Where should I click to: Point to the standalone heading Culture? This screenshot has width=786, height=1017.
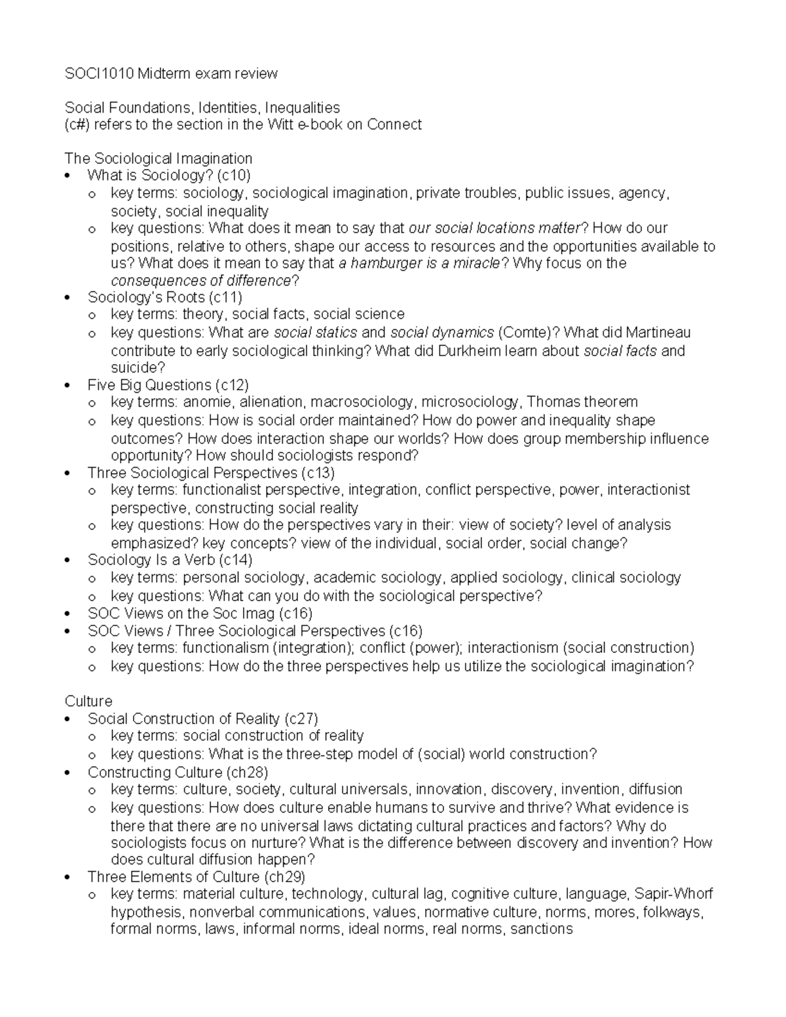tap(88, 701)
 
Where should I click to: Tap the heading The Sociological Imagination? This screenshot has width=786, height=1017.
tap(158, 158)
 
